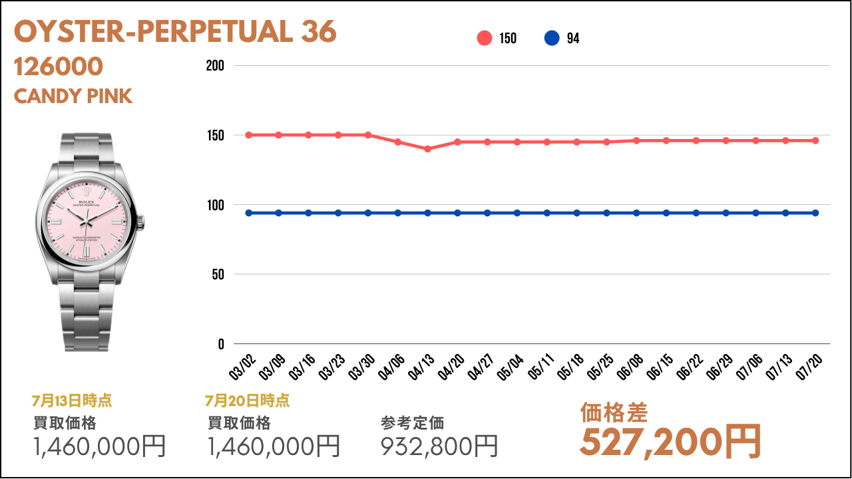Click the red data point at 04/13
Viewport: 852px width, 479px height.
427,149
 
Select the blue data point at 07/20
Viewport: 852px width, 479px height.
815,213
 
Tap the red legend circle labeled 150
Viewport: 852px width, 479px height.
485,39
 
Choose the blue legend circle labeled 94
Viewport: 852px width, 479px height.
552,39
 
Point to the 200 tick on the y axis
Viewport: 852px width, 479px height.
215,66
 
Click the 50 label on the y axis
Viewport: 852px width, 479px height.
218,275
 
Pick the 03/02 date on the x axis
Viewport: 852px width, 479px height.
242,367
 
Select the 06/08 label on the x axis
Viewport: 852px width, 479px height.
630,367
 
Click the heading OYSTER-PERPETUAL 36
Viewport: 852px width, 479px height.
175,32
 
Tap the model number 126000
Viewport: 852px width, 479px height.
59,67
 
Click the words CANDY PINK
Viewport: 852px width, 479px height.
73,96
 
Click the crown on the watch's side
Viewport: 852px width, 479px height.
142,222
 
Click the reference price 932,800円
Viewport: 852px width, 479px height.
439,446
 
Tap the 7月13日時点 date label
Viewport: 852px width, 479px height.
72,400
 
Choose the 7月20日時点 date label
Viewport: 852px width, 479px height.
248,400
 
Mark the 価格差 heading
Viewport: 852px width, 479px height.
614,412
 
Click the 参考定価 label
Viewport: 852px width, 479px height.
413,423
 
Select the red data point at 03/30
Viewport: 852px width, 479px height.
368,135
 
